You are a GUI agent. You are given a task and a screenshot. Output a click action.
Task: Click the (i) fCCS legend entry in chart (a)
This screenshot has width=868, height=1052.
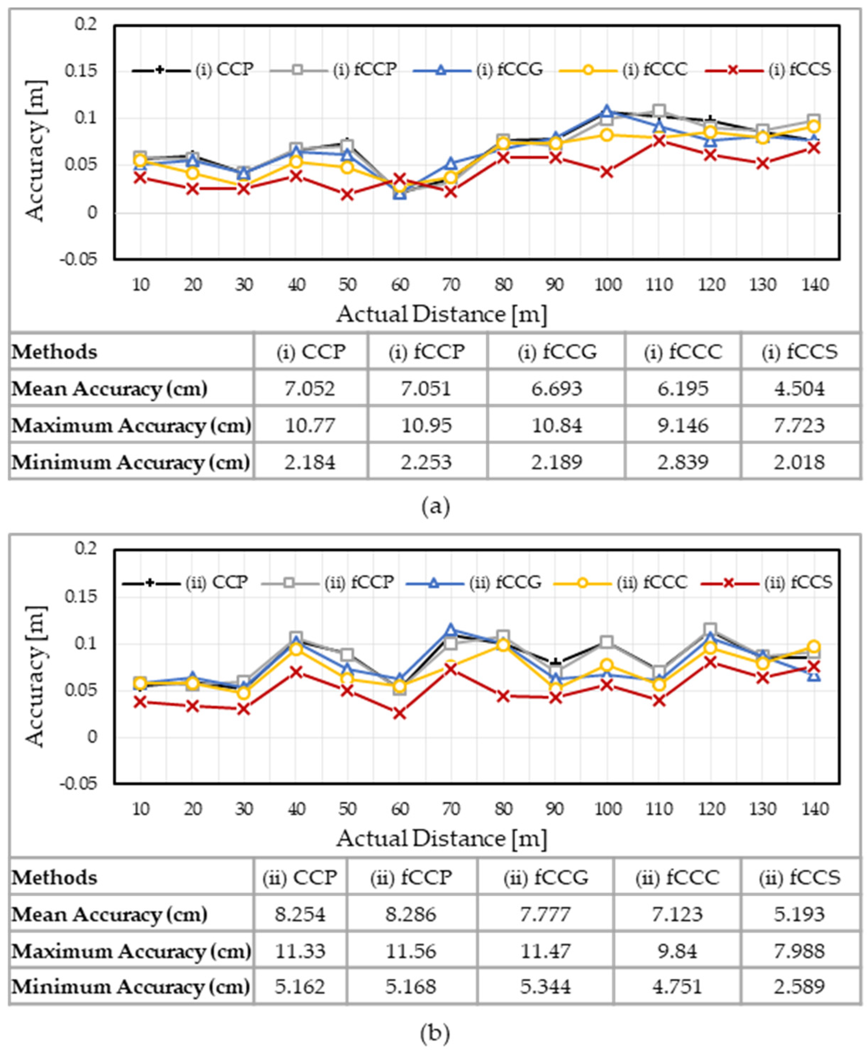click(x=768, y=69)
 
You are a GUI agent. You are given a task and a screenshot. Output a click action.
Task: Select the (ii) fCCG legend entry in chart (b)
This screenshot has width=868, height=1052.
click(x=474, y=582)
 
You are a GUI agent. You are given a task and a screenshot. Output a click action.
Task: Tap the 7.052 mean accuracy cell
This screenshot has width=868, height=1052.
click(x=310, y=388)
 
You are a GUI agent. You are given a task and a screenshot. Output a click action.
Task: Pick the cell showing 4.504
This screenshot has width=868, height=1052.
click(x=800, y=388)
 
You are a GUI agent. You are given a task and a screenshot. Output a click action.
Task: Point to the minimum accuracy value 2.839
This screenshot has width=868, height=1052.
click(x=683, y=462)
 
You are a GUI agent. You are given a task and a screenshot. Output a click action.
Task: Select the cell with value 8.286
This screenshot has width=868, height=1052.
click(x=411, y=914)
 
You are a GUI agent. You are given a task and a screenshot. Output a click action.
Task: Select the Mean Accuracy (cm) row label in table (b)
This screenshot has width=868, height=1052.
click(x=110, y=915)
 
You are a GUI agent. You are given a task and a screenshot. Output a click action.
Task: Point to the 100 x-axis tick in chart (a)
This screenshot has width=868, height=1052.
click(x=607, y=285)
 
